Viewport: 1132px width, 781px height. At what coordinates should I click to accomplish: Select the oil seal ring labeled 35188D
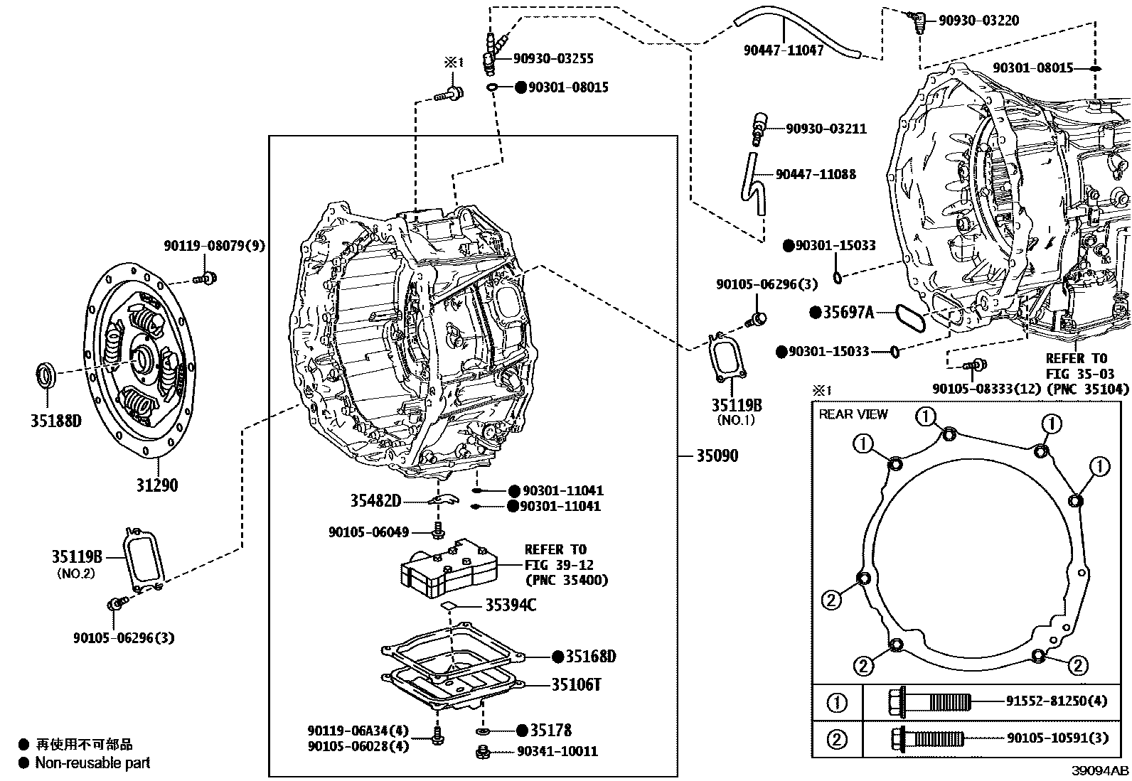click(x=47, y=375)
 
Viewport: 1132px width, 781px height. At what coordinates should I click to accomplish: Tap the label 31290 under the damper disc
click(x=157, y=485)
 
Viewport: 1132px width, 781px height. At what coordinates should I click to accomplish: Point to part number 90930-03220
click(x=978, y=21)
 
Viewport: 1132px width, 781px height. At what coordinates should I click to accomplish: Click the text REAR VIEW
click(x=853, y=414)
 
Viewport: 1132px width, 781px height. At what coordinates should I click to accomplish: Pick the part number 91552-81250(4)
click(x=1057, y=701)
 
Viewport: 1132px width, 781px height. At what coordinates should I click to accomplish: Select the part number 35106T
click(x=577, y=685)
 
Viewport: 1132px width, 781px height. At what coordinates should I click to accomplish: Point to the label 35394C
click(x=511, y=605)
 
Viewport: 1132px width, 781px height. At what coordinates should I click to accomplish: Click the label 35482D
click(x=375, y=501)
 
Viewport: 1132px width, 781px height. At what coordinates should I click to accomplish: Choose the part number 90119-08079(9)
click(x=214, y=246)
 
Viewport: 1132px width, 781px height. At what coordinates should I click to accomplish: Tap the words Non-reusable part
click(x=93, y=763)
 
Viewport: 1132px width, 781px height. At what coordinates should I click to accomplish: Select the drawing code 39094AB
click(x=1101, y=771)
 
